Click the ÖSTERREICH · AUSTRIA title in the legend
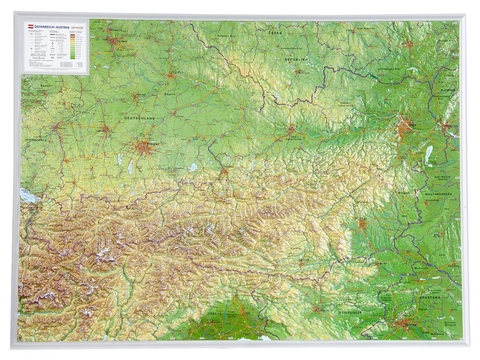coord(50,29)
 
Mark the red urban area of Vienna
coord(404,128)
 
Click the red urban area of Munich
coord(145,147)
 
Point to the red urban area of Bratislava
coord(443,128)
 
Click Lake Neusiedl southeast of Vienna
coord(428,154)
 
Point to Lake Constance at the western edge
coord(28,197)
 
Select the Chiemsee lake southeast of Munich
coord(192,167)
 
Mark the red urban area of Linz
coord(290,129)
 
